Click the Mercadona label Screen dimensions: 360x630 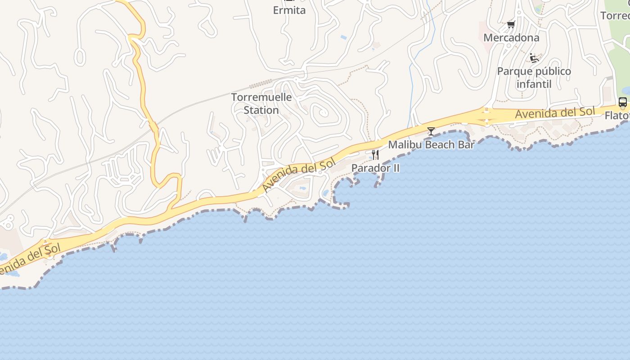pos(511,38)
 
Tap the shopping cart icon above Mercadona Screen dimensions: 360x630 pos(511,24)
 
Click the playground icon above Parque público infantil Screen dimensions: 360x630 pos(534,58)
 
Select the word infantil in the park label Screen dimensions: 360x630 pos(534,84)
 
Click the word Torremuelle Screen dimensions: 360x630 pos(261,97)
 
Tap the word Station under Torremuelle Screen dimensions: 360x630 pos(261,110)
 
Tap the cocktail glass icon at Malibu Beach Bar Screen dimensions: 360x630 pos(431,131)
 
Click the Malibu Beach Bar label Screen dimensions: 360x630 pos(431,145)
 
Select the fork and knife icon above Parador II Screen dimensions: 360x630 pos(375,155)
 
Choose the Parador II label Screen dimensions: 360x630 pos(375,168)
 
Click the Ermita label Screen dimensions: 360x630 pos(289,10)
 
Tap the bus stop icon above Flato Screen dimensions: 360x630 pos(623,102)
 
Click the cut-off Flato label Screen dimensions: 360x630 pos(617,116)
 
